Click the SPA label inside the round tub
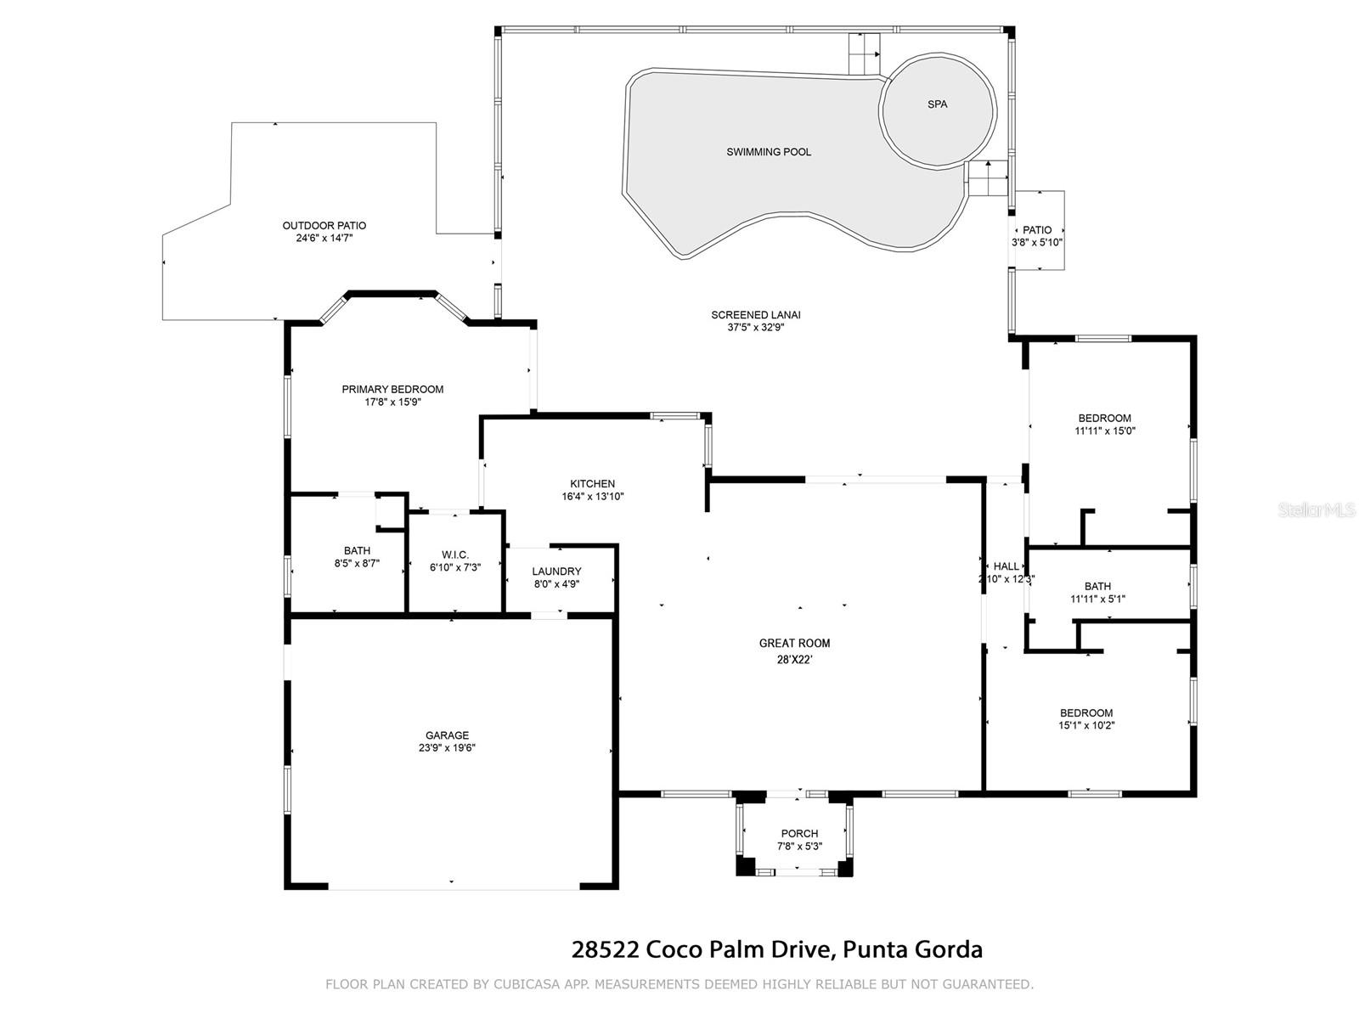(x=937, y=104)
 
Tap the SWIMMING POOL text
(x=769, y=152)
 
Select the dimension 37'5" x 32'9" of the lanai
(x=755, y=327)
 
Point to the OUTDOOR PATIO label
(x=324, y=226)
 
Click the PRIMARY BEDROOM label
(x=392, y=389)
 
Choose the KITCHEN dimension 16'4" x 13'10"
(x=593, y=496)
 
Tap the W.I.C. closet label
(x=455, y=555)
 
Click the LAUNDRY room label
(x=556, y=571)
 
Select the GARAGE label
(x=447, y=735)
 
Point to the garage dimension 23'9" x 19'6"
(x=447, y=747)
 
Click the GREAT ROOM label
(x=794, y=643)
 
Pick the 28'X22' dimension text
(x=794, y=660)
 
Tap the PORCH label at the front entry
(x=799, y=833)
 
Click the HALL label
(x=1007, y=566)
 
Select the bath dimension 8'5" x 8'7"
(x=357, y=563)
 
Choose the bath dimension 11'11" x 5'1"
(x=1097, y=599)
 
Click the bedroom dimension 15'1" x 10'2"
(x=1086, y=725)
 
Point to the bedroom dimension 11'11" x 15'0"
(x=1104, y=431)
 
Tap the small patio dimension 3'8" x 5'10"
(x=1037, y=243)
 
